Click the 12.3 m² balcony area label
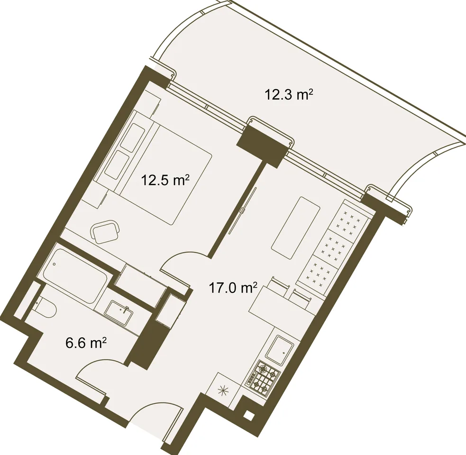pyautogui.click(x=289, y=95)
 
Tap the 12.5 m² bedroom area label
pyautogui.click(x=165, y=180)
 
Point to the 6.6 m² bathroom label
pyautogui.click(x=86, y=344)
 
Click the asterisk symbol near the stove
pyautogui.click(x=222, y=390)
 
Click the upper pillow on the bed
pyautogui.click(x=133, y=138)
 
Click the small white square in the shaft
pyautogui.click(x=248, y=414)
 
